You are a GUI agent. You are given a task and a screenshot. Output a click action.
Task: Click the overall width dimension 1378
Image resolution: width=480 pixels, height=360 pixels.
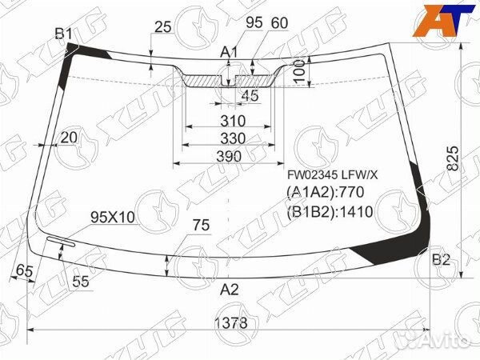pyautogui.click(x=230, y=322)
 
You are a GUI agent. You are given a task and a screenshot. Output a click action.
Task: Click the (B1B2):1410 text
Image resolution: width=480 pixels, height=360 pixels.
pyautogui.click(x=328, y=211)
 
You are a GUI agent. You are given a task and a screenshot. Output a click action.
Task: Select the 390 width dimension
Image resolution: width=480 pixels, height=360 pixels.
pyautogui.click(x=229, y=156)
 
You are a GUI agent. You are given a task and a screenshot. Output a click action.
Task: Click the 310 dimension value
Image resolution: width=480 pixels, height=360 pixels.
pyautogui.click(x=231, y=122)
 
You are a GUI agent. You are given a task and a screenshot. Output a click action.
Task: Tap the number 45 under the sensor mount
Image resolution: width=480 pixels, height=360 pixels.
pyautogui.click(x=250, y=96)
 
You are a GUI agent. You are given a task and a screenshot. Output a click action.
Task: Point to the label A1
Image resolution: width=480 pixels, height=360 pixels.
pyautogui.click(x=230, y=52)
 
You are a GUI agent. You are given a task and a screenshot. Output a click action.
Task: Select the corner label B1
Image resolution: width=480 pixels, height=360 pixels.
pyautogui.click(x=63, y=33)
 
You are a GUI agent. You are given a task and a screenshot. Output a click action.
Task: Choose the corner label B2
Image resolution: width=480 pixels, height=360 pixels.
pyautogui.click(x=441, y=259)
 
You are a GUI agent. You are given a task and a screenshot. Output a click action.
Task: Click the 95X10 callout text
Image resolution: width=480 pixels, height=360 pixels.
pyautogui.click(x=114, y=218)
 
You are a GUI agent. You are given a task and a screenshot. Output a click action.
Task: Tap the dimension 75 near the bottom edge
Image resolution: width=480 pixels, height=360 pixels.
pyautogui.click(x=200, y=226)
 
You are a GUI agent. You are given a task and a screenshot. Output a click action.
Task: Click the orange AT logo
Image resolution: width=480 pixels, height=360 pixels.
pyautogui.click(x=439, y=19)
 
